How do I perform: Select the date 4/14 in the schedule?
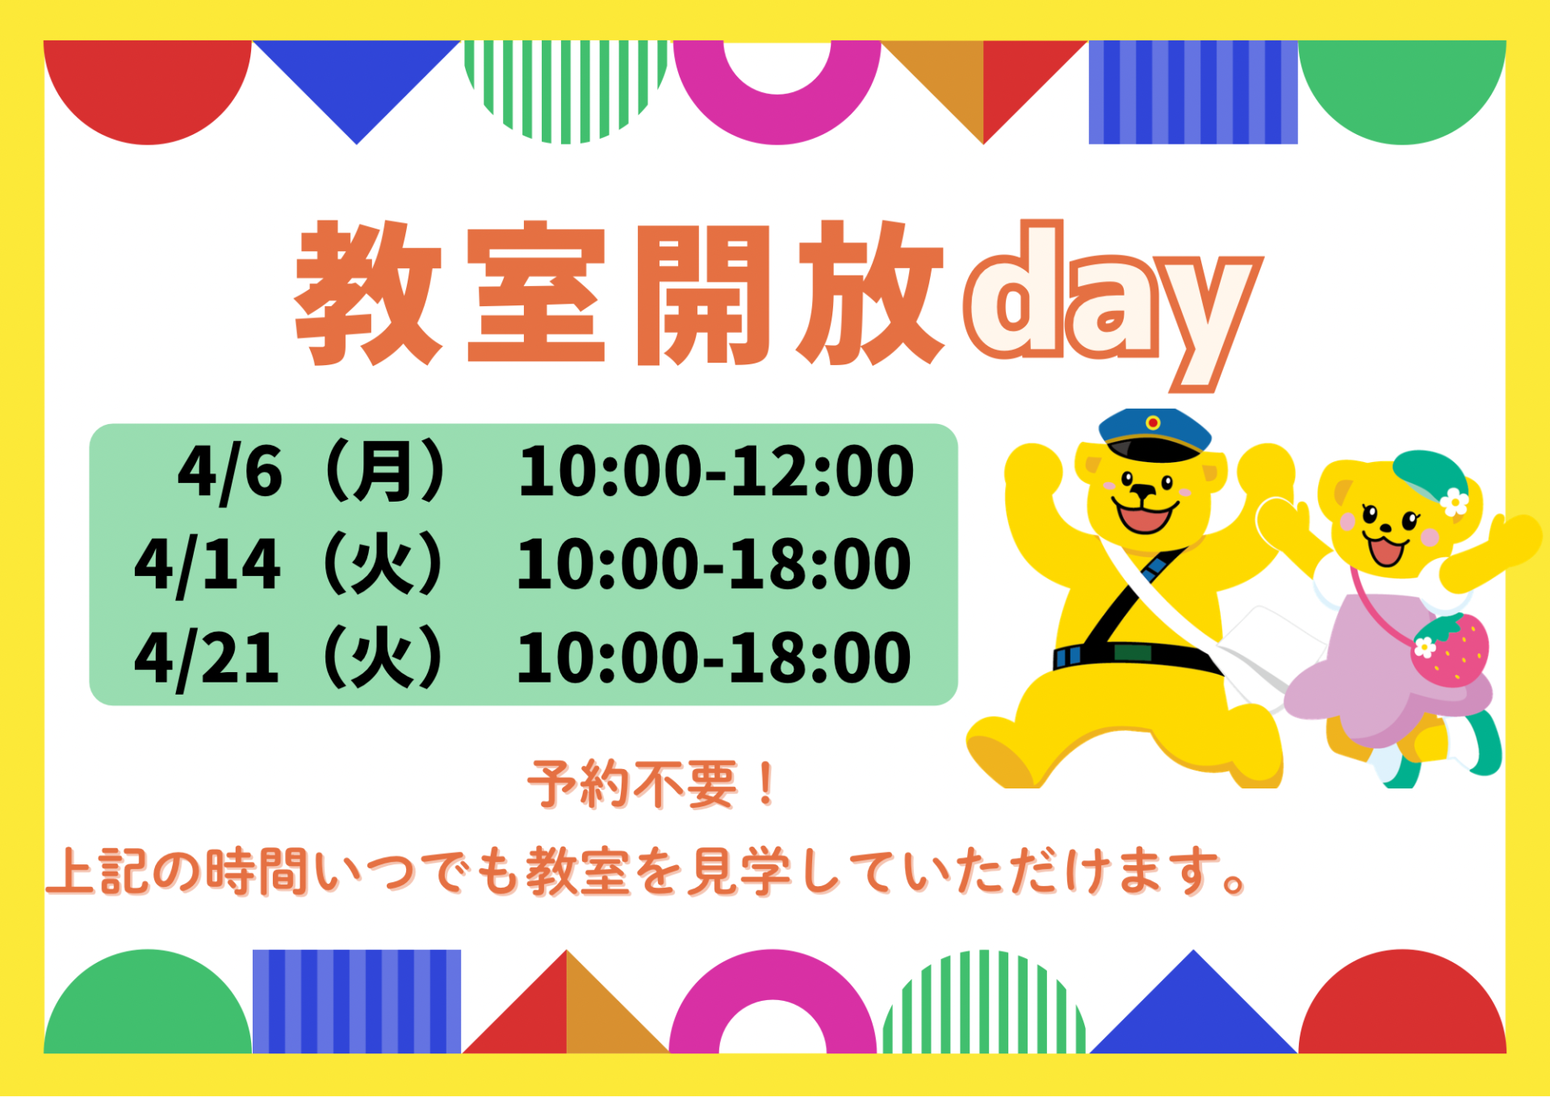207,565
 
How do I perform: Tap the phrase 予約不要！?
653,784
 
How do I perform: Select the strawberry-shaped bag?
1450,650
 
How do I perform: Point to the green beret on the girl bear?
1429,477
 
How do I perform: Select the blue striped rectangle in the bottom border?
357,1002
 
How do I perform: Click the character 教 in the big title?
368,292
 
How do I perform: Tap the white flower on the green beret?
1455,502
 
